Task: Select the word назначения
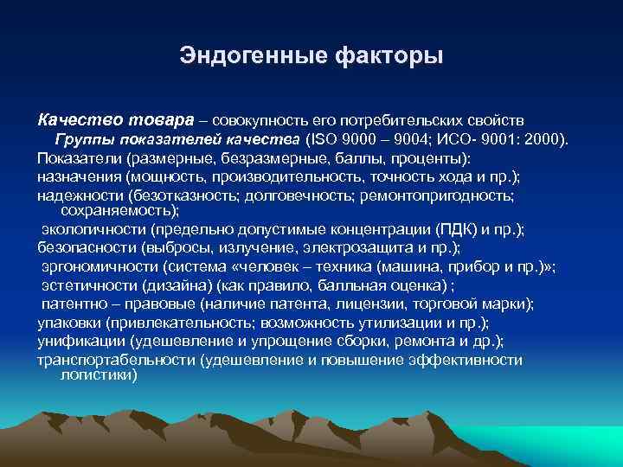click(80, 177)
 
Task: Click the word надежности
click(80, 196)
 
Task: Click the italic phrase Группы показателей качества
click(177, 139)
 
